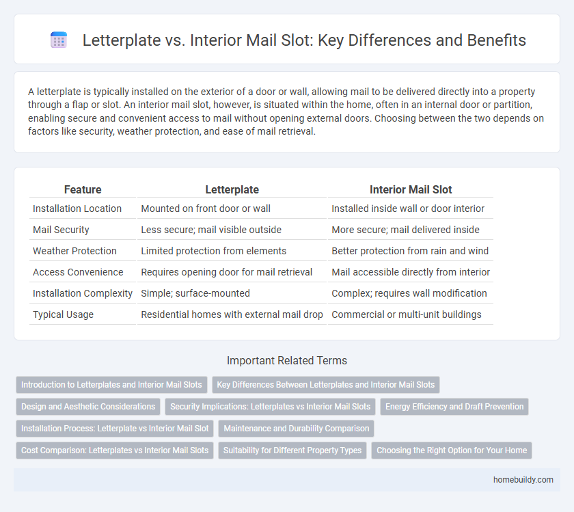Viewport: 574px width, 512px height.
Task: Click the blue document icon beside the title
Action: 59,40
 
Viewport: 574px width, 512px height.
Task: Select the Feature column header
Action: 82,190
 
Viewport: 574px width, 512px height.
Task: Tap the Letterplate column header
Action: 232,190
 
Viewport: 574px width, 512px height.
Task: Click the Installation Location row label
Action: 77,208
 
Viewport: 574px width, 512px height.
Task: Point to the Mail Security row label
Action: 61,230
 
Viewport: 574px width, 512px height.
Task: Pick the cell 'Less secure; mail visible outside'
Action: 211,230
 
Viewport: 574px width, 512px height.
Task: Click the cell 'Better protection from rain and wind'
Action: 409,251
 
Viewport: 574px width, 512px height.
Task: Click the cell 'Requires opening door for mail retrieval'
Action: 226,272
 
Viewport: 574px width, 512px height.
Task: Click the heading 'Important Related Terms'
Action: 287,361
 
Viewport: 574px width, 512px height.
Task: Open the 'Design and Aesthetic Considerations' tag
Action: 88,407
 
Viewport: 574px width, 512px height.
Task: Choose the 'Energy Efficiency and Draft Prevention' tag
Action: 454,407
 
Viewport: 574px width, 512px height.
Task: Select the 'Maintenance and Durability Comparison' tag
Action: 296,429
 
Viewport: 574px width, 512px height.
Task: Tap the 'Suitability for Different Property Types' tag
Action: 292,450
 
